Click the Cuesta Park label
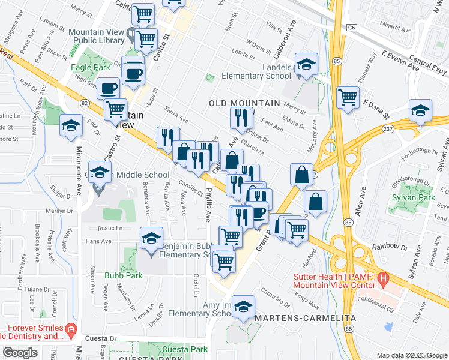click(x=185, y=349)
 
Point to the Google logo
click(x=20, y=353)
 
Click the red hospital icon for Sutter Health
click(x=385, y=279)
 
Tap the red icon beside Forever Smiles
click(x=71, y=329)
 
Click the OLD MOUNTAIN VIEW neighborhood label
click(x=244, y=104)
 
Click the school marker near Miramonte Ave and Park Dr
click(x=71, y=127)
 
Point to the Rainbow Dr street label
click(x=390, y=246)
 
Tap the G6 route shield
click(x=351, y=28)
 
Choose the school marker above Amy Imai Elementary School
click(x=243, y=308)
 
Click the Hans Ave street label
click(x=98, y=241)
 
